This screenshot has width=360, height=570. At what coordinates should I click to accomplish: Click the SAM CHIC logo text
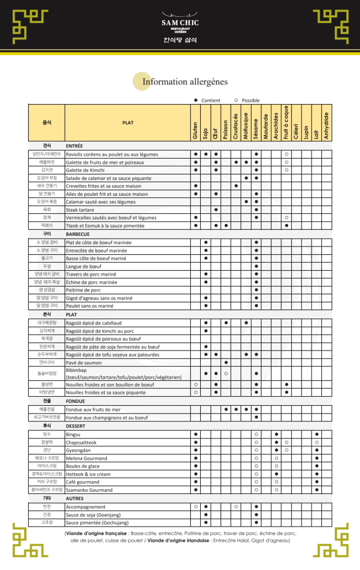point(179,23)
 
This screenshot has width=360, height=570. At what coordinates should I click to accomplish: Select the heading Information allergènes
point(185,82)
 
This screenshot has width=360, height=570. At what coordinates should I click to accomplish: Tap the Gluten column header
point(195,131)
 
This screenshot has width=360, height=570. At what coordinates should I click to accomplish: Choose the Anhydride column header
point(326,126)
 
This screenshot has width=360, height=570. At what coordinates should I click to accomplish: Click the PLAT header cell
point(128,123)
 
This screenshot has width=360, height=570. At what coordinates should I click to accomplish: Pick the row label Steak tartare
point(80,210)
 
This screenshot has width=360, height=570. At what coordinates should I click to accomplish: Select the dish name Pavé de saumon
point(84,362)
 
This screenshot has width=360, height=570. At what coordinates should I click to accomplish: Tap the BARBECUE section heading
point(78,234)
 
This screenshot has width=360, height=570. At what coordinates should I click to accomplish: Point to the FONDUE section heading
point(75,401)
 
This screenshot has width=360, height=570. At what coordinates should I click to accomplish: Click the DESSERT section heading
point(75,426)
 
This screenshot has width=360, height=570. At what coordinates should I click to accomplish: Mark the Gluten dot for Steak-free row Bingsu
point(196,434)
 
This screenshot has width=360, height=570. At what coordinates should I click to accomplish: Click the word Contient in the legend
point(211,100)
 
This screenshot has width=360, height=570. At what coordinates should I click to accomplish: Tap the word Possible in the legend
point(250,100)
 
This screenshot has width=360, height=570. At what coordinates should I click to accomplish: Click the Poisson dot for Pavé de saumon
point(226,362)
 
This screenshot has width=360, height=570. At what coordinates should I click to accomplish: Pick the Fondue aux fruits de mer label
point(93,410)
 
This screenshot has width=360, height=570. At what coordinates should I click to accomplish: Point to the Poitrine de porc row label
point(83,290)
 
